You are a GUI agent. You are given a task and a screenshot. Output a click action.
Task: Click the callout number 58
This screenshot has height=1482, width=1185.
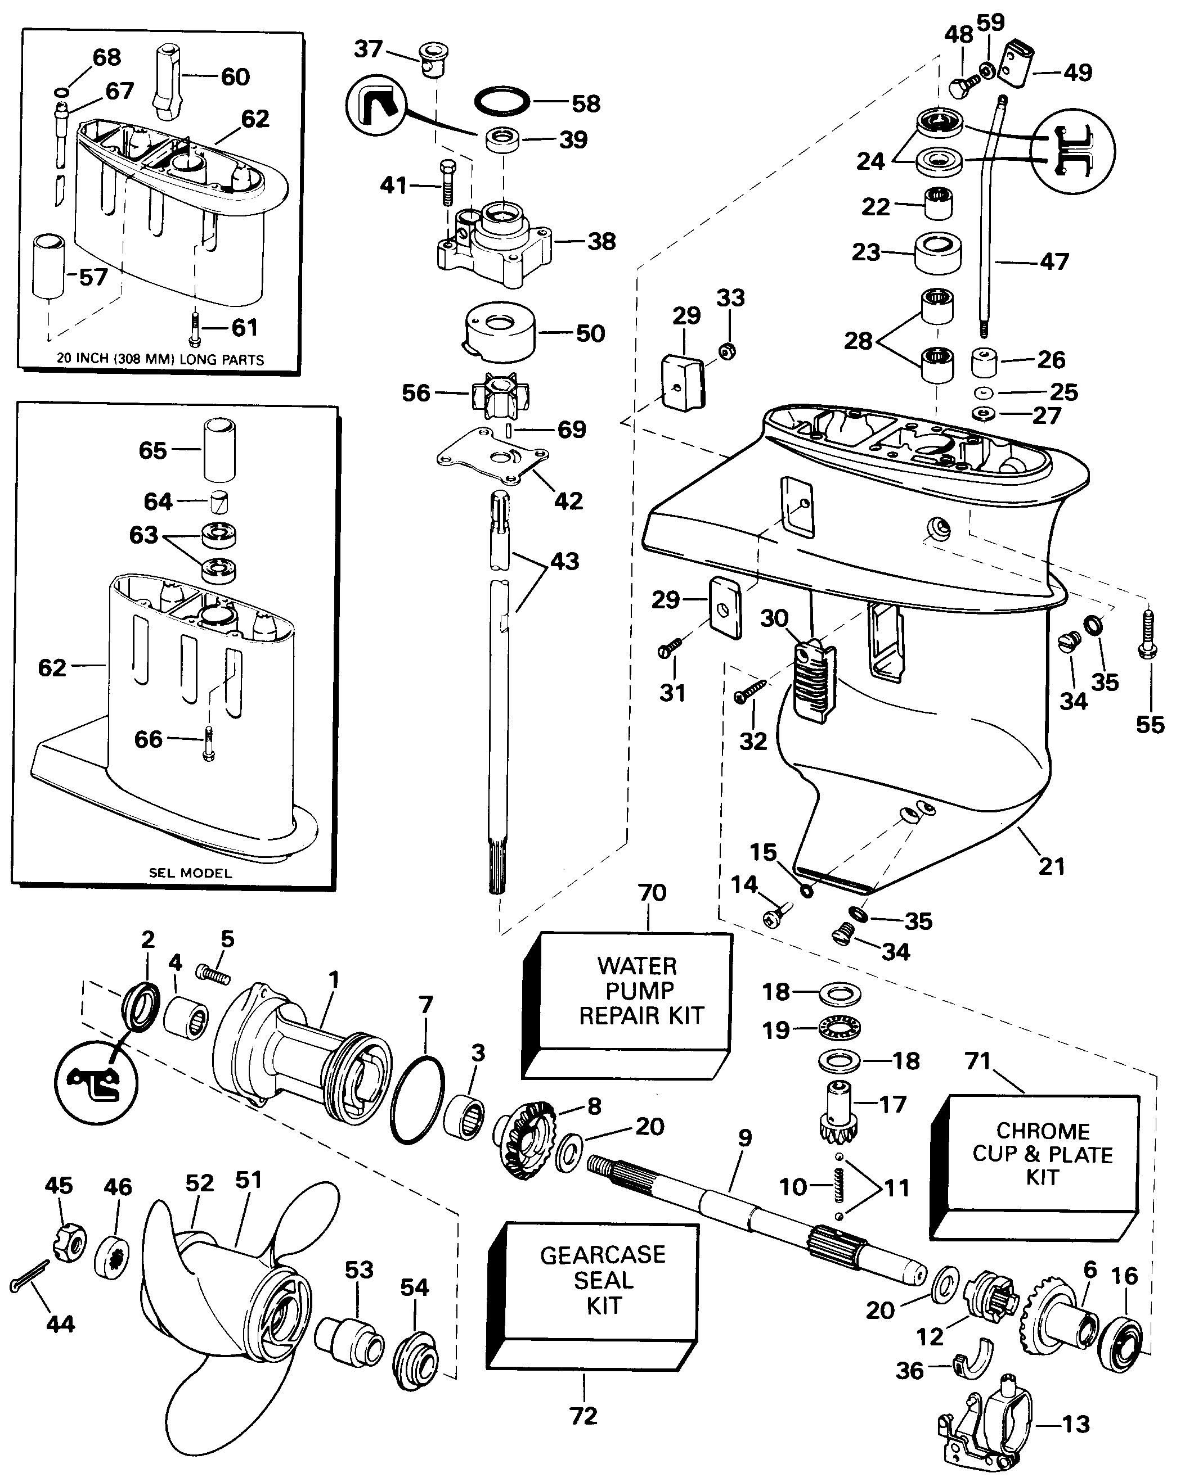(x=586, y=104)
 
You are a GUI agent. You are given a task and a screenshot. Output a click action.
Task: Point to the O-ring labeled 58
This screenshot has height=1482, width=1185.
(x=502, y=102)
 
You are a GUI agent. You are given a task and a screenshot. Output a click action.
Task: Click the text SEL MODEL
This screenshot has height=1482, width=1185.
(x=191, y=873)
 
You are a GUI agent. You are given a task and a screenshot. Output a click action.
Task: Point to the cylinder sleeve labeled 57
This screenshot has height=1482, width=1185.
(x=49, y=266)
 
